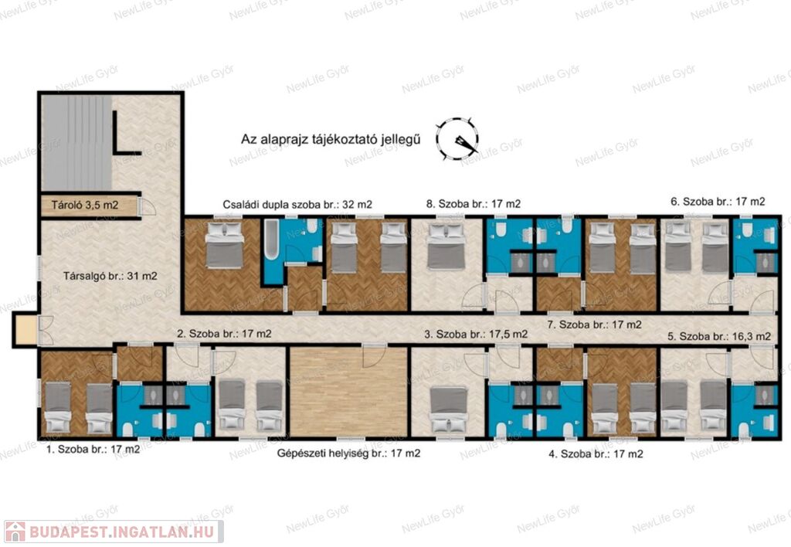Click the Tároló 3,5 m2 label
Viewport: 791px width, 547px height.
point(85,206)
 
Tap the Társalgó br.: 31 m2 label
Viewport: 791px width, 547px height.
point(110,276)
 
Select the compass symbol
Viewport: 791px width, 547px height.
point(457,139)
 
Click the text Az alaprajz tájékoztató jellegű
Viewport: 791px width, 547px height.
point(331,139)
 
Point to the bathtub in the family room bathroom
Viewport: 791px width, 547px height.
point(271,240)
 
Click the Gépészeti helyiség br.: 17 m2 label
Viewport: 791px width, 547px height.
point(348,454)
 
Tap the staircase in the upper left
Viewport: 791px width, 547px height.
point(76,143)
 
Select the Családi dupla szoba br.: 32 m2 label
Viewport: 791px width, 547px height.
point(297,205)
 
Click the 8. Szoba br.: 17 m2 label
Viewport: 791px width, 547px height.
point(474,204)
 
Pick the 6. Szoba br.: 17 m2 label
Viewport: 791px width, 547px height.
point(718,202)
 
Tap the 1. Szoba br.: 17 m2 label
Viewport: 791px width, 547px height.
point(93,449)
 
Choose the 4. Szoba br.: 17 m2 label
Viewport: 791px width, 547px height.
point(596,454)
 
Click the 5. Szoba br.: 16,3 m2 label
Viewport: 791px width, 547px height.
point(719,336)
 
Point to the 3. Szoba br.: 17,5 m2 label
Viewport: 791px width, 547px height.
point(476,334)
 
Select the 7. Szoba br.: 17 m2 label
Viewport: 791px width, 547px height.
point(595,324)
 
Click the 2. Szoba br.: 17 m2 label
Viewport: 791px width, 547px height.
point(225,334)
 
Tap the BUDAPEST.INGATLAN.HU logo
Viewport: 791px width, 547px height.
point(113,532)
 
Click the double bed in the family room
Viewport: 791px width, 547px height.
point(225,245)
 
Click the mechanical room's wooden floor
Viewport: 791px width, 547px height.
point(348,392)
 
